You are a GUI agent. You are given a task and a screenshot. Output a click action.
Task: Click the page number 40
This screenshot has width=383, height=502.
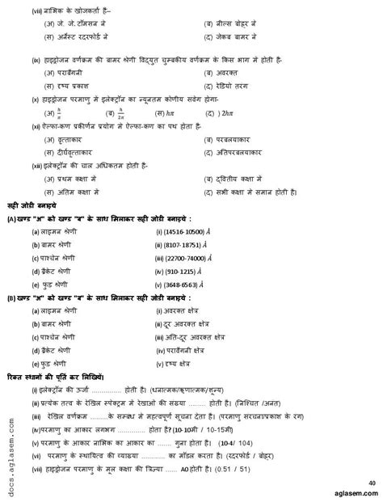pyautogui.click(x=371, y=483)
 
